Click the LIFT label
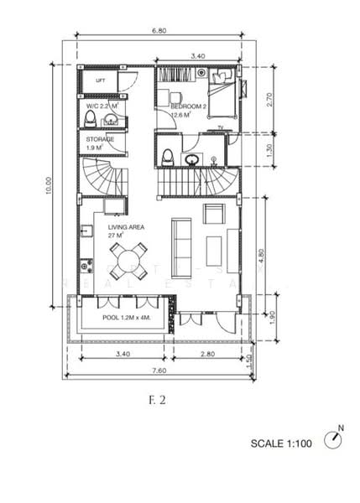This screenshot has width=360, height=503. (x=100, y=81)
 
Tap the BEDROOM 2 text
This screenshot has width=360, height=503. (x=189, y=107)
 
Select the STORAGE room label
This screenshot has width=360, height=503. (x=100, y=139)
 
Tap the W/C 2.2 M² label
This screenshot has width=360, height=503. (x=102, y=107)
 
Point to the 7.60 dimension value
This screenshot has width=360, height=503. (x=159, y=369)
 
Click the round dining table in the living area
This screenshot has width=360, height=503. (x=130, y=254)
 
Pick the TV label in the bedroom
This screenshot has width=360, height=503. (x=220, y=127)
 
